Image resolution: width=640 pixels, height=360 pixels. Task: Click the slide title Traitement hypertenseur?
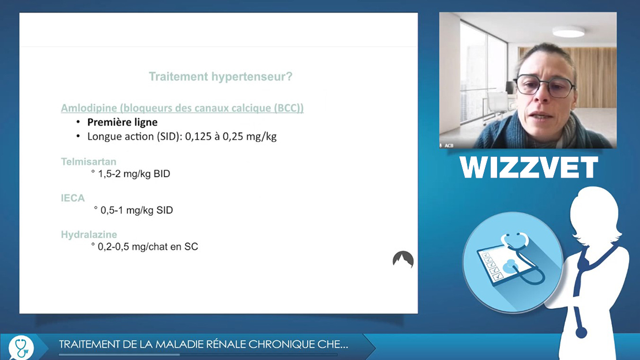(220, 76)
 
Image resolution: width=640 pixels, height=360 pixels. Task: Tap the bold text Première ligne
(122, 122)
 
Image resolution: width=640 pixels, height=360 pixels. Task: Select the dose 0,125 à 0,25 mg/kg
(231, 137)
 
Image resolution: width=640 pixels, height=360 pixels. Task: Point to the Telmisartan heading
(89, 162)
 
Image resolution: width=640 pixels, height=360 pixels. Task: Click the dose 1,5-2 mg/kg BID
(134, 174)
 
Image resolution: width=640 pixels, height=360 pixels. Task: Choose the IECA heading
(73, 198)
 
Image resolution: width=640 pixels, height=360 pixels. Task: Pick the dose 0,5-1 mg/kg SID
(137, 210)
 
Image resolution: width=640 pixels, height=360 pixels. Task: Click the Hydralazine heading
(89, 234)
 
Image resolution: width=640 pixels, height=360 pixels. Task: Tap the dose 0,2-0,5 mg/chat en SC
(148, 246)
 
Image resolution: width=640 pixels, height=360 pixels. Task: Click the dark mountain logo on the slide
(403, 259)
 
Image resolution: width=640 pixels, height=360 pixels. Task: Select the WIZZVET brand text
(529, 167)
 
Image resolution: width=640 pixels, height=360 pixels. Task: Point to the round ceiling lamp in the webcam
(568, 32)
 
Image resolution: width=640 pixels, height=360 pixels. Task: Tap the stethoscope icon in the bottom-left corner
(21, 347)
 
